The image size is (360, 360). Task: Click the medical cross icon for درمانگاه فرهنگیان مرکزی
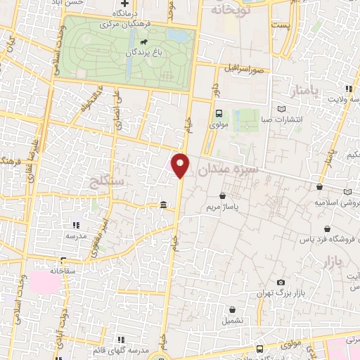[x=124, y=4]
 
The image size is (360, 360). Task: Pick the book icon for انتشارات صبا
[x=282, y=110]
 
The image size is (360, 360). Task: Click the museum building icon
[x=163, y=205]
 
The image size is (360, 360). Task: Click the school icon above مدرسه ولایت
[x=349, y=89]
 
